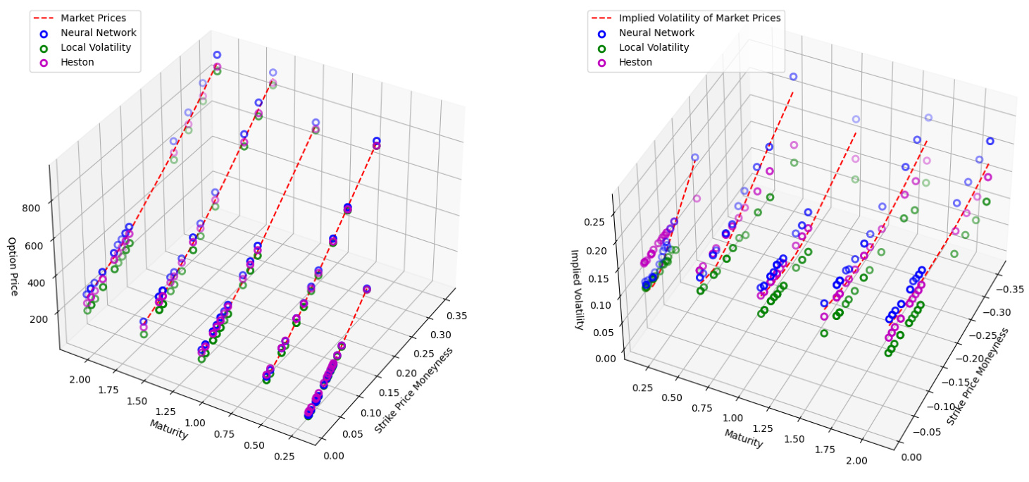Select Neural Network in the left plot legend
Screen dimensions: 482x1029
pyautogui.click(x=99, y=32)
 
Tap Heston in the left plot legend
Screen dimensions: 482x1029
pyautogui.click(x=77, y=63)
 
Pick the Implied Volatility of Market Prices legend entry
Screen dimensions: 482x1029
pyautogui.click(x=699, y=18)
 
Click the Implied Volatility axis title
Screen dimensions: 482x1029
pyautogui.click(x=577, y=289)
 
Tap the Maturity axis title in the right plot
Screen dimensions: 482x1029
pyautogui.click(x=744, y=438)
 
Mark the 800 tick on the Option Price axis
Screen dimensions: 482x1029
pyautogui.click(x=31, y=208)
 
